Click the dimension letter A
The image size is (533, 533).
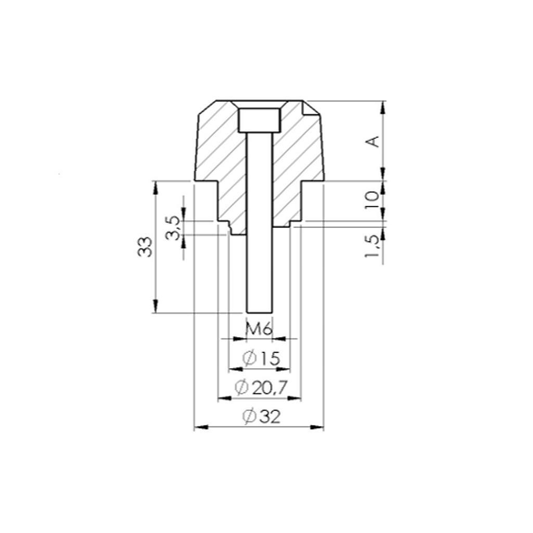pyautogui.click(x=373, y=141)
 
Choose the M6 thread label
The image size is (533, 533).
pyautogui.click(x=259, y=328)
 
